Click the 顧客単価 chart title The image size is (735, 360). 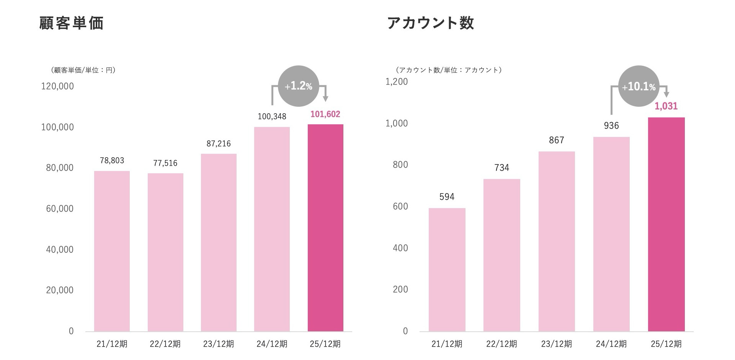[x=72, y=23]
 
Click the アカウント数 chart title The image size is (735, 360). [x=431, y=23]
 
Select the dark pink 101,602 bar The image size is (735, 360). [x=325, y=227]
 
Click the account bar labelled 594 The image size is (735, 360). [x=447, y=269]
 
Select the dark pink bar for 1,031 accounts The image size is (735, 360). [x=666, y=224]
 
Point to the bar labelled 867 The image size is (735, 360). [x=557, y=241]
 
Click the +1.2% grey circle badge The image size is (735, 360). [x=299, y=86]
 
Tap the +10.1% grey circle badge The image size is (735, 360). [x=639, y=87]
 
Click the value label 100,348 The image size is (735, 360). [x=272, y=117]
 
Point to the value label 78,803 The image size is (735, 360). [x=112, y=161]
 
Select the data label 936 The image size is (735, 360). [x=611, y=126]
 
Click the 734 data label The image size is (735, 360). [x=501, y=168]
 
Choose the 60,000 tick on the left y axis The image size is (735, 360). [x=60, y=209]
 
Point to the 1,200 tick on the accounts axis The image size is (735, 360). [x=397, y=81]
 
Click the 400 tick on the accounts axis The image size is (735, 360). [x=400, y=248]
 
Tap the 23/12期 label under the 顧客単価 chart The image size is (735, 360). [x=219, y=344]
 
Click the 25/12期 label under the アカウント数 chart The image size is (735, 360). [x=666, y=344]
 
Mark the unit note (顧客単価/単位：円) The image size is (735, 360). [x=83, y=70]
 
